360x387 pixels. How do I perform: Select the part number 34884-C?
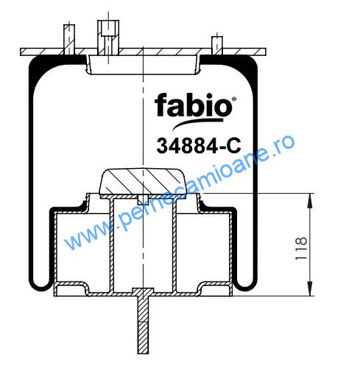199,146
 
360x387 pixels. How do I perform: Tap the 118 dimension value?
301,248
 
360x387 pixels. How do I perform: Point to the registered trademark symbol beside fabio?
234,100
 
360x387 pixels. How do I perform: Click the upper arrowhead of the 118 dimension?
310,201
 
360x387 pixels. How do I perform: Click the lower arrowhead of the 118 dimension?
310,288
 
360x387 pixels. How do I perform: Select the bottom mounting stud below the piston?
143,321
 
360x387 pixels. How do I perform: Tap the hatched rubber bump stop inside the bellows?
143,181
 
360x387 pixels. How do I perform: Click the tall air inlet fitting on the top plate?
108,38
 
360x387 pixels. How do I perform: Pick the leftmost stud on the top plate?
69,40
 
